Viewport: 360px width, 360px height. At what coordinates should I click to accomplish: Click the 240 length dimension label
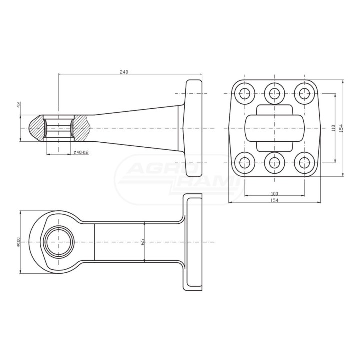124,72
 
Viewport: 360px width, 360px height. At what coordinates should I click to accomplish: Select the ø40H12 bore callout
81,152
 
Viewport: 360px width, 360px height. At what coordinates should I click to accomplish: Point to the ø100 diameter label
19,242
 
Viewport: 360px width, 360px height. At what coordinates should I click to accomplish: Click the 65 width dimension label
142,242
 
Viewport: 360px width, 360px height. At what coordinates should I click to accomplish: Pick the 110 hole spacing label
333,128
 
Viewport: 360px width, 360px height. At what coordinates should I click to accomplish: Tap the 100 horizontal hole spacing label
274,194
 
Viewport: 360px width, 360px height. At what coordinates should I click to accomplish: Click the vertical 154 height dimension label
341,128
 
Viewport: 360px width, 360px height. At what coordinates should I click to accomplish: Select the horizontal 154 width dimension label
274,200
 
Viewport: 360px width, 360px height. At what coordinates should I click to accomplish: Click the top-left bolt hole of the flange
245,93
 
